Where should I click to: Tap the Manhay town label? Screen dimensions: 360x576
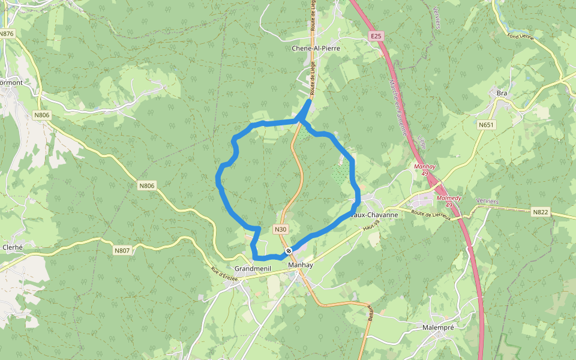(x=300, y=265)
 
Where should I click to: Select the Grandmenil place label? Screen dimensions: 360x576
(x=254, y=268)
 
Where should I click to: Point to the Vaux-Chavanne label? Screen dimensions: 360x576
(x=374, y=214)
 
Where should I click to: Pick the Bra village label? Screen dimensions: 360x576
(x=502, y=93)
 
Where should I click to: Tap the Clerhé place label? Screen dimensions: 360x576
(x=13, y=247)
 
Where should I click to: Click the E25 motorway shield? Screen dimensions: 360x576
(x=376, y=37)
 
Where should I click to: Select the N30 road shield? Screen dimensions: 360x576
(x=280, y=229)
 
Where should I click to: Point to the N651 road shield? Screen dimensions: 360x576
(x=486, y=125)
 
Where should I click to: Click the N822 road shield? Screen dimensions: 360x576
(x=540, y=212)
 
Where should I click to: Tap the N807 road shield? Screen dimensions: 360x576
(x=122, y=250)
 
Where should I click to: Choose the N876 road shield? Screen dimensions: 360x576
(x=7, y=34)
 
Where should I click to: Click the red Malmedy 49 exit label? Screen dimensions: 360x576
(x=449, y=201)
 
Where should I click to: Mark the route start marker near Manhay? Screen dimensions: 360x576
(x=289, y=250)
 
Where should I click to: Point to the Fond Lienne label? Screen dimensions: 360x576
(x=520, y=37)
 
